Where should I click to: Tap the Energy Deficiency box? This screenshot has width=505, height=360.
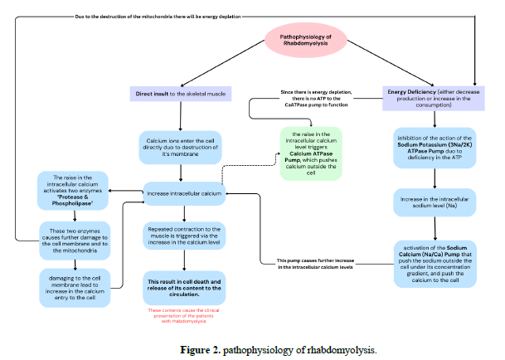(434, 96)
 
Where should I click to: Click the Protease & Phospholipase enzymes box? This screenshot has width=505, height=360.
(75, 192)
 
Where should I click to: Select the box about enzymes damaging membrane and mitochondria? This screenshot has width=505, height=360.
(75, 241)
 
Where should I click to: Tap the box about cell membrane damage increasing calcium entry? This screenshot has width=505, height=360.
(75, 286)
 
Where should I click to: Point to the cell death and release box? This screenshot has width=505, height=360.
(184, 286)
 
